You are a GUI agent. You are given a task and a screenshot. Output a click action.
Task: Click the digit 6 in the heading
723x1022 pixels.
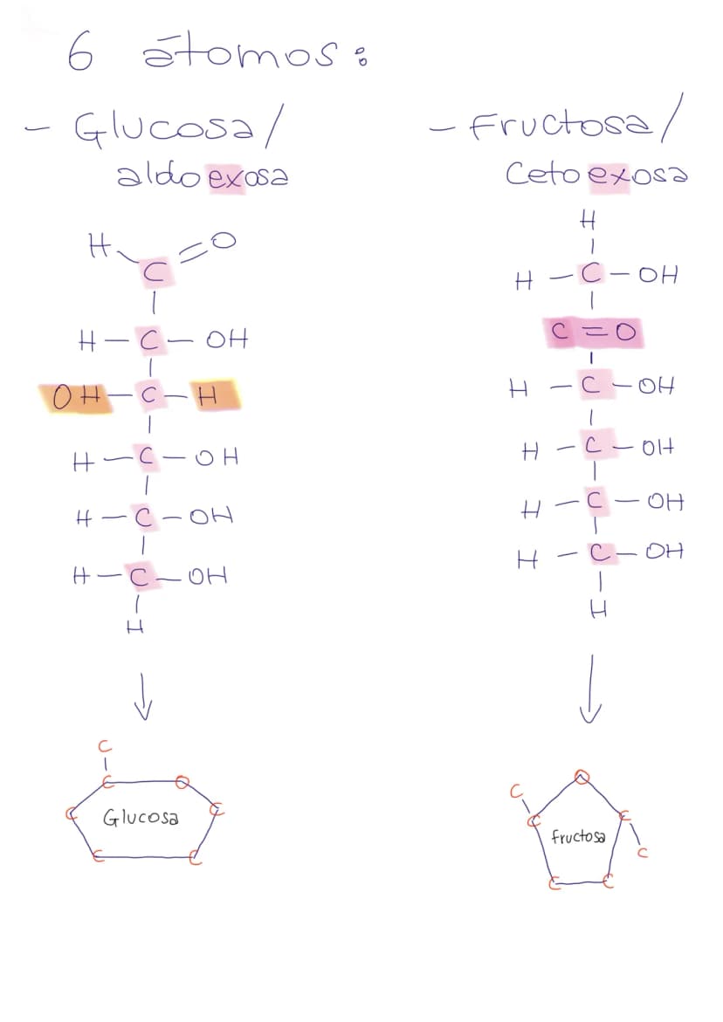coord(80,52)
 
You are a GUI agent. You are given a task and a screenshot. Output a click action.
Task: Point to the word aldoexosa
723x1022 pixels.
coord(202,175)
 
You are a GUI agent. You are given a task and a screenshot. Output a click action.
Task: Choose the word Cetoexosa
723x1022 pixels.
coord(596,174)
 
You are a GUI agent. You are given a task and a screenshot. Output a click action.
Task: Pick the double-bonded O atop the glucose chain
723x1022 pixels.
coord(223,241)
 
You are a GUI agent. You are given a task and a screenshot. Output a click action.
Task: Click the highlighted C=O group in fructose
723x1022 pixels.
coord(593,333)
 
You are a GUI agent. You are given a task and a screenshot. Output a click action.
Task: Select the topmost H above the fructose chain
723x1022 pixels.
coord(588,223)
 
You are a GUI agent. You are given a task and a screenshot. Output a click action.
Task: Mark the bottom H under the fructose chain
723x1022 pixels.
coord(598,610)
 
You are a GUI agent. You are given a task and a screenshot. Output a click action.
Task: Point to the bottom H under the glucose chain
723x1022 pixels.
coord(135,627)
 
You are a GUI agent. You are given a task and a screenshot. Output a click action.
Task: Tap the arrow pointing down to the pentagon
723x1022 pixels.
coord(590,689)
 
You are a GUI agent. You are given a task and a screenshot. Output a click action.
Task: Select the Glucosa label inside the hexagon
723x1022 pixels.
coord(141,817)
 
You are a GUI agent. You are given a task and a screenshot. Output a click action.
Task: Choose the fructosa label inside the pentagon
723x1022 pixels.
coord(578,836)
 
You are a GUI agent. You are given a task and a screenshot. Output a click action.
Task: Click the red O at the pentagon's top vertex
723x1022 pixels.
coord(582,776)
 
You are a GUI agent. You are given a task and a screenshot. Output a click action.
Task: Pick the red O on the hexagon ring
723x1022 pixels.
coord(184,781)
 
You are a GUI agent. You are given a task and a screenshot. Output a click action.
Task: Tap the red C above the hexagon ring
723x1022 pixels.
coord(104,746)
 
